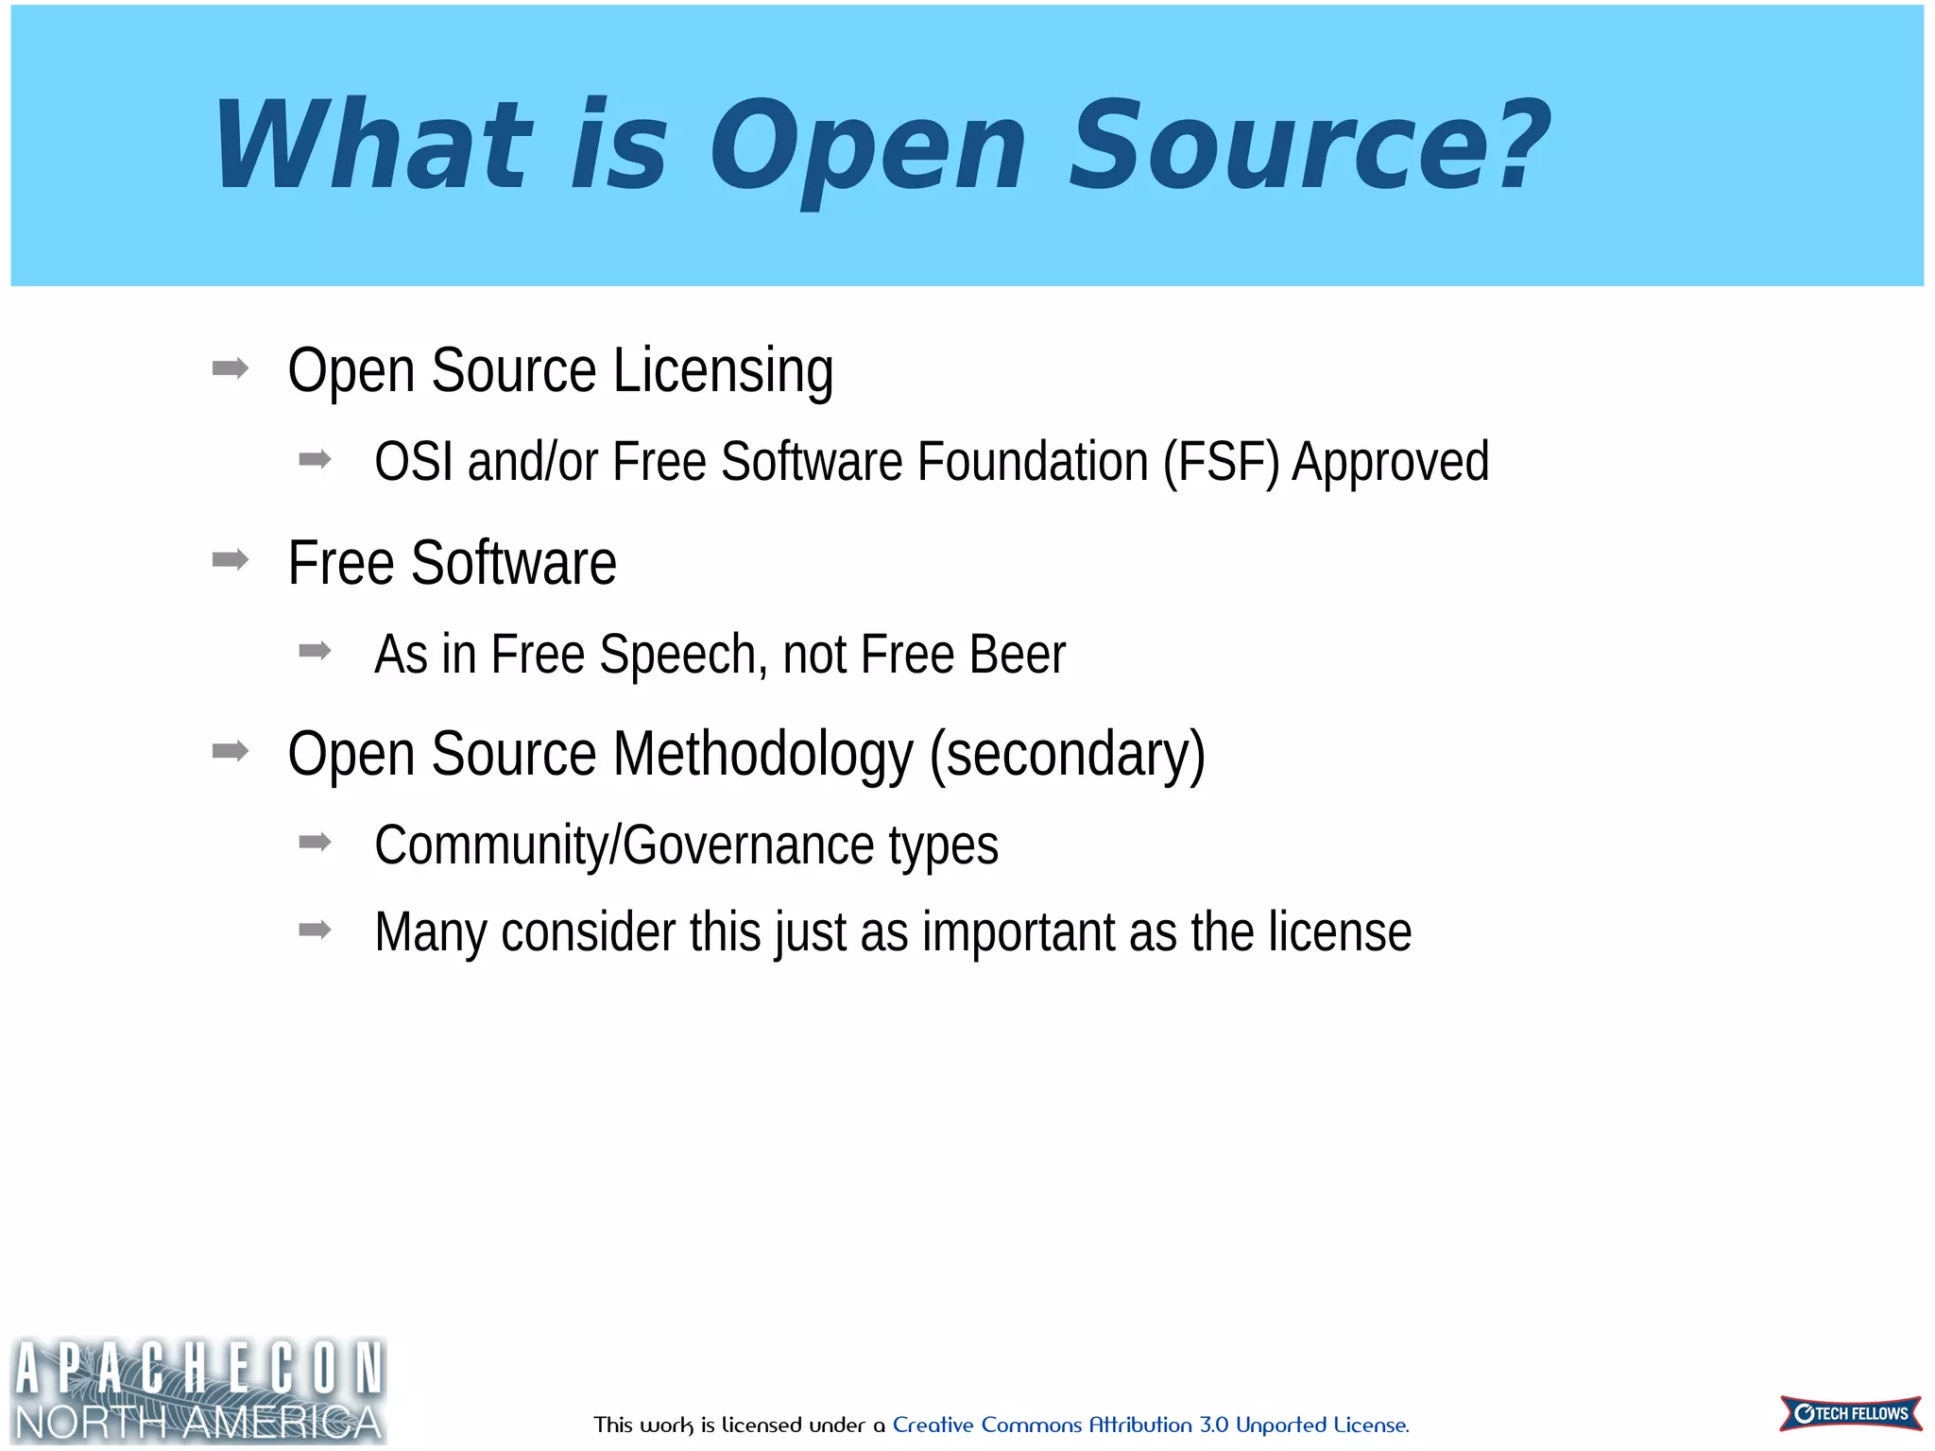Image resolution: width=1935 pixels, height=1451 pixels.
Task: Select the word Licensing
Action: [723, 370]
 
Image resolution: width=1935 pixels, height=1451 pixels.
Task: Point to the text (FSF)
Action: [1221, 462]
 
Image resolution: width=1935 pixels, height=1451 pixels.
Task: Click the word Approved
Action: [1390, 462]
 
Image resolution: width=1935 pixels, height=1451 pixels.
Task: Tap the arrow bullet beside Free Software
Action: [231, 560]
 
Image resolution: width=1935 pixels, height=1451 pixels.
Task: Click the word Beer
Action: [1018, 655]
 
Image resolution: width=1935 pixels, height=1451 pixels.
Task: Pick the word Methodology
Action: [763, 754]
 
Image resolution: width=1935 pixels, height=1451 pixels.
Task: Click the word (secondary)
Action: [1068, 754]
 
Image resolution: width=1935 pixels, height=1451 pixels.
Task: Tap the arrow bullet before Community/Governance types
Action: [315, 842]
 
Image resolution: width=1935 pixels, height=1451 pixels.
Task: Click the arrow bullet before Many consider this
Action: [315, 930]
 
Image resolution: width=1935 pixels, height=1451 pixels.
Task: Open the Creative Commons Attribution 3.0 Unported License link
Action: [1150, 1425]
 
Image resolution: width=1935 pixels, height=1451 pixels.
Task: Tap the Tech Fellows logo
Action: [1850, 1413]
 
